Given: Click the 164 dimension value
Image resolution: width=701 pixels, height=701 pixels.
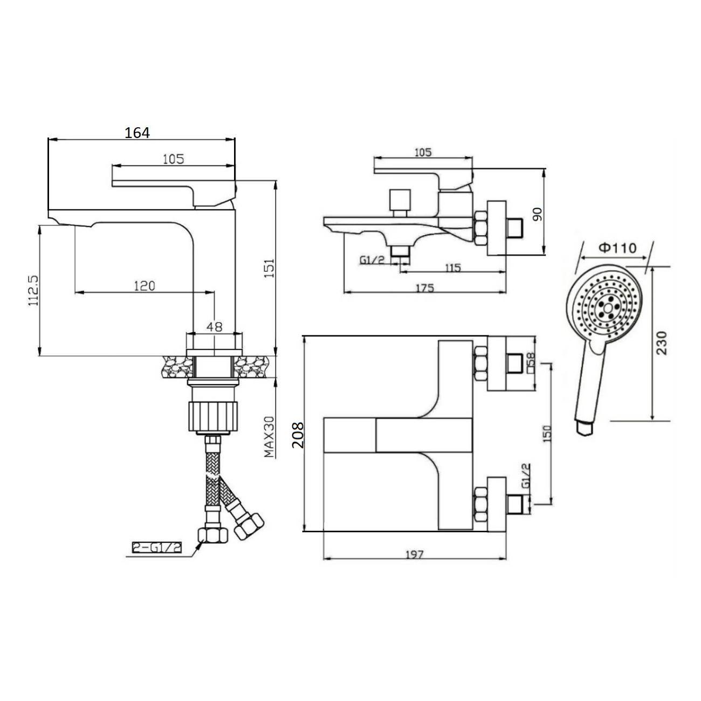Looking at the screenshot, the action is coord(137,133).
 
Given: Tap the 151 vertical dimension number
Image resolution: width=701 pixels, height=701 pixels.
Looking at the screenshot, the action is coord(269,268).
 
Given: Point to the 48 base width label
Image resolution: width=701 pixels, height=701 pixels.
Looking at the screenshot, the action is coord(214,327).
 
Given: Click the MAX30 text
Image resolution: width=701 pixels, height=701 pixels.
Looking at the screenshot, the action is coord(269,437).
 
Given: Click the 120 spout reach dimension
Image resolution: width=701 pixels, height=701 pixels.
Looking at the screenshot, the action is coord(145,286).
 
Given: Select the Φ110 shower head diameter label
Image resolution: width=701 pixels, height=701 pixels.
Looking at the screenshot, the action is coord(617,248).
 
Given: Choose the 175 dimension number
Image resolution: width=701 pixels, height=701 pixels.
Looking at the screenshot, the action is coord(424,288).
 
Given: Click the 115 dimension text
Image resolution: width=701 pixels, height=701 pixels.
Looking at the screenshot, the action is coord(452,268).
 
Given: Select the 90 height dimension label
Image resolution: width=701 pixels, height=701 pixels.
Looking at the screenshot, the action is coord(537,214).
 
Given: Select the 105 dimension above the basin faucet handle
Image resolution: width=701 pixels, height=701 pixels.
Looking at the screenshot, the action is coord(174,159).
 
